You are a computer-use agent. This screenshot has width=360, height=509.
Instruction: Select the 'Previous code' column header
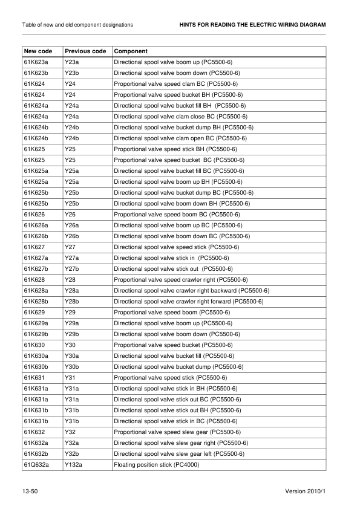(x=85, y=51)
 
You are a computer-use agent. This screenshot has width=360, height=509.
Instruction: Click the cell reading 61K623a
(x=36, y=62)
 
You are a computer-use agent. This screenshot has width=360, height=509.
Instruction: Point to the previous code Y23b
(x=72, y=73)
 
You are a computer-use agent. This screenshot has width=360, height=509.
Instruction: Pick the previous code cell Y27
(x=70, y=247)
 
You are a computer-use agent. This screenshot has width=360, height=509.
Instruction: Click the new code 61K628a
(x=36, y=290)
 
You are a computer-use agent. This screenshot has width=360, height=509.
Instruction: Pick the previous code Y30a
(x=72, y=355)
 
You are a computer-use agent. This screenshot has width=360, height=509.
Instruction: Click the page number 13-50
(x=31, y=493)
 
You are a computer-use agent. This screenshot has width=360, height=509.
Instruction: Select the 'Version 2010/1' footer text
(x=306, y=493)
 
